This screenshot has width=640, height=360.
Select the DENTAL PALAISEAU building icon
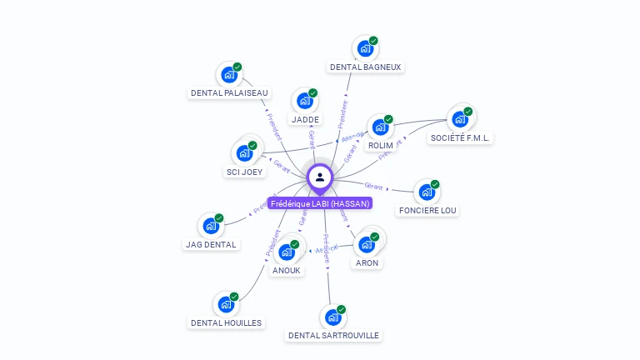228,75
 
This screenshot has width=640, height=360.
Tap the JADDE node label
305,119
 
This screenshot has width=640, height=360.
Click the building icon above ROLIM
380,127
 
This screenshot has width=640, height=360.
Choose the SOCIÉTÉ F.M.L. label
460,137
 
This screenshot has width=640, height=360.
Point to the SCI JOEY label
244,172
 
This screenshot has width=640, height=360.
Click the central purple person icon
320,177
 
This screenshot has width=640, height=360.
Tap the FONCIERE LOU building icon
427,192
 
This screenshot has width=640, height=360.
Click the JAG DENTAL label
212,244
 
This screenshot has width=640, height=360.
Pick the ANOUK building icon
287,252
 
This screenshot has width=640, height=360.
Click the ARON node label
367,262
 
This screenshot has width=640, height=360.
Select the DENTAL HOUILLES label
227,322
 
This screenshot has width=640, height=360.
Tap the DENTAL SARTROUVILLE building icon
332,317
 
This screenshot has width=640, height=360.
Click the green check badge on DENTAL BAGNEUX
373,41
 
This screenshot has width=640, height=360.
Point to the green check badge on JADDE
312,93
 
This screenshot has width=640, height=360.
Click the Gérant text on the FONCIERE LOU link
373,185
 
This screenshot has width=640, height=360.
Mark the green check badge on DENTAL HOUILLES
234,297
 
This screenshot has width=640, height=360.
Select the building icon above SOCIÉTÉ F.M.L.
460,119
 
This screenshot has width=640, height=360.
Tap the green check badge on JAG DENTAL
219,218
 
